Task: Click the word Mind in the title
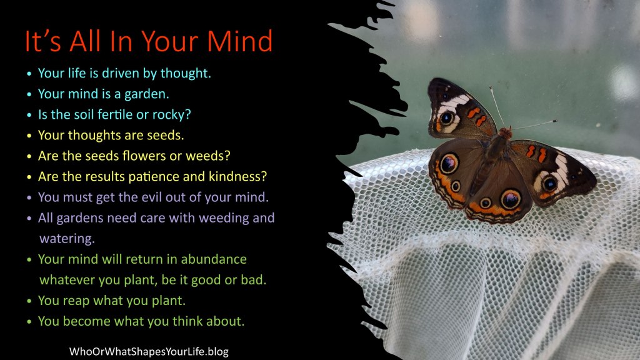[239, 41]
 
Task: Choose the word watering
[66, 239]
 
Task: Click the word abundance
[214, 259]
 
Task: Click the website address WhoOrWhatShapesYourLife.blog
[149, 351]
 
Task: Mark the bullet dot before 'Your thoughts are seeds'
[29, 136]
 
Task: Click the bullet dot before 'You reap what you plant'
[29, 301]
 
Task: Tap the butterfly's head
[505, 133]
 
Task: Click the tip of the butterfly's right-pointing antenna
[556, 121]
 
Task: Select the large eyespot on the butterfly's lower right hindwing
[511, 199]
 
